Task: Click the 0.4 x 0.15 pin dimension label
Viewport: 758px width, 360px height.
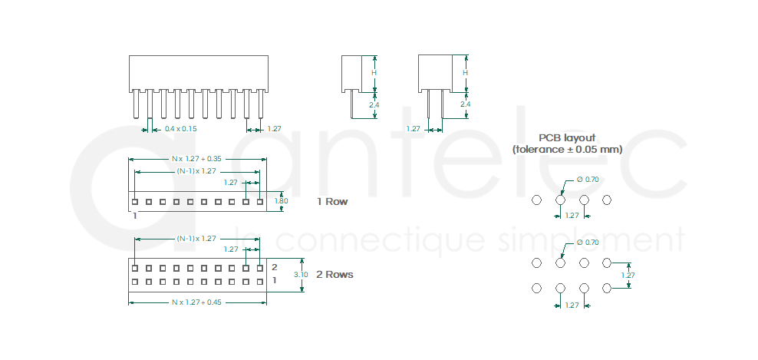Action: pyautogui.click(x=181, y=129)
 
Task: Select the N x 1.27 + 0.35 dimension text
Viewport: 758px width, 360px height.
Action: pyautogui.click(x=196, y=159)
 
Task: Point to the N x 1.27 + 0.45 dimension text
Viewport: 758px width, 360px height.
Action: pyautogui.click(x=196, y=302)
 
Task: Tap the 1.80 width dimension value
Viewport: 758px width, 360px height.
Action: pyautogui.click(x=281, y=201)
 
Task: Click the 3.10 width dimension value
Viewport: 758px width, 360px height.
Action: pyautogui.click(x=301, y=274)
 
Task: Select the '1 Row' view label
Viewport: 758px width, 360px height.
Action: pyautogui.click(x=332, y=202)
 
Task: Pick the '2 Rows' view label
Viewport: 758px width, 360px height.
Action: pyautogui.click(x=335, y=274)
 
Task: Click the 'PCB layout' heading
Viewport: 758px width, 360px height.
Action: pyautogui.click(x=567, y=137)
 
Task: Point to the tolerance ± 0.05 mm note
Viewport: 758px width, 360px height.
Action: pyautogui.click(x=567, y=149)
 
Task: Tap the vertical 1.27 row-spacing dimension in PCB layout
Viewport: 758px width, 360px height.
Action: pyautogui.click(x=628, y=275)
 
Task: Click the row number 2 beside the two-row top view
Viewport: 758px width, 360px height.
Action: pyautogui.click(x=274, y=267)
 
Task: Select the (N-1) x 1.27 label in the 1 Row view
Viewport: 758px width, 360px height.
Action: pyautogui.click(x=196, y=170)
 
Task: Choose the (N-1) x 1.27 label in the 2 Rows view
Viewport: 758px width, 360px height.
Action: pyautogui.click(x=196, y=239)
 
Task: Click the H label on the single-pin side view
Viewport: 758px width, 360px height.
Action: pyautogui.click(x=374, y=73)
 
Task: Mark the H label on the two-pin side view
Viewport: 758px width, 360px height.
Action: pyautogui.click(x=465, y=73)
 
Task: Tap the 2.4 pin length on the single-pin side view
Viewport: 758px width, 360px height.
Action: pyautogui.click(x=374, y=104)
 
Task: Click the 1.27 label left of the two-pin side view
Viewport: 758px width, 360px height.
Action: pyautogui.click(x=413, y=129)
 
